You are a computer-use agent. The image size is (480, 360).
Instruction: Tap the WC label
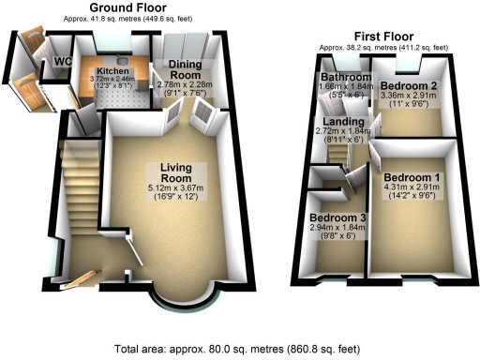pyautogui.click(x=63, y=62)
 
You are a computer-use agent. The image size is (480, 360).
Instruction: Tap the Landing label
pyautogui.click(x=342, y=122)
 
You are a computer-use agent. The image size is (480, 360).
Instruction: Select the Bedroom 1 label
pyautogui.click(x=412, y=178)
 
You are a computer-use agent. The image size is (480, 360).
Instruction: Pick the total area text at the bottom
pyautogui.click(x=237, y=349)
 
